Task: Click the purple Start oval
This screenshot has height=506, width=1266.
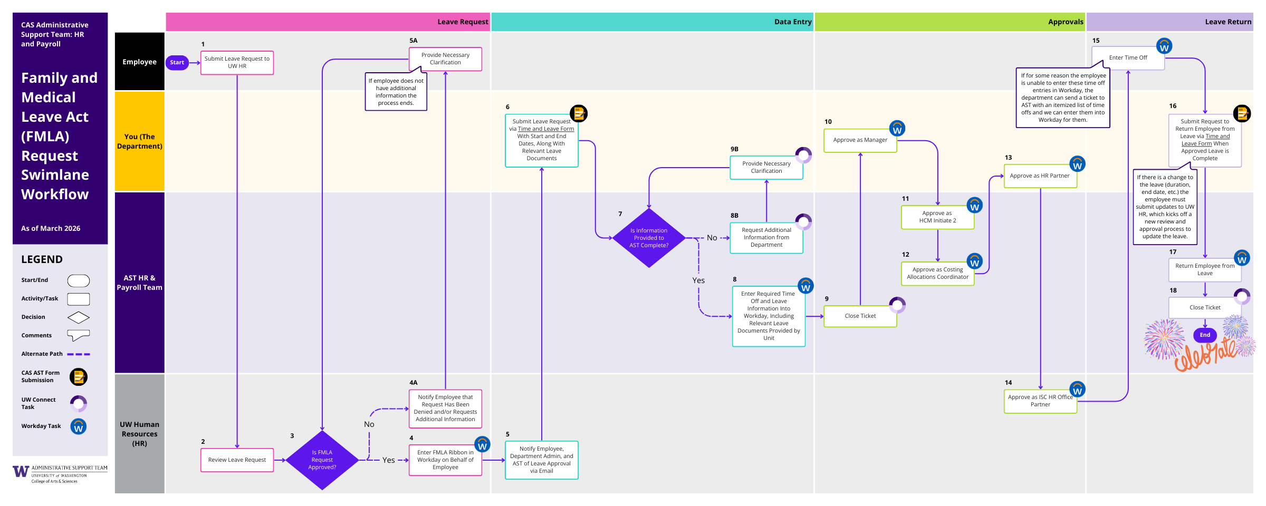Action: tap(177, 63)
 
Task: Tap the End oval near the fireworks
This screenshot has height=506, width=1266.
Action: tap(1205, 335)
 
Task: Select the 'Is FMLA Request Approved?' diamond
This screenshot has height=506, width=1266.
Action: tap(322, 460)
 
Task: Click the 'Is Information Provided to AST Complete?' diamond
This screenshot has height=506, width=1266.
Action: tap(649, 238)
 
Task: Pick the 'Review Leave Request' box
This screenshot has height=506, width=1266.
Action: tap(237, 460)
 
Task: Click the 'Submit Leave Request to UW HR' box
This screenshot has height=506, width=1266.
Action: tap(237, 63)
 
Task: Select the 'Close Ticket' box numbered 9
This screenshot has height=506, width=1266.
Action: tap(860, 316)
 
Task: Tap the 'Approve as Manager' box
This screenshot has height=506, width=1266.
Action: tap(860, 140)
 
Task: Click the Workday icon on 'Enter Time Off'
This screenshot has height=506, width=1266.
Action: tap(1164, 46)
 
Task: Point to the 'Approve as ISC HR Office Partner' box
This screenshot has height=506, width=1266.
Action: tap(1040, 401)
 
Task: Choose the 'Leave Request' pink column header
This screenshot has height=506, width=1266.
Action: tap(328, 22)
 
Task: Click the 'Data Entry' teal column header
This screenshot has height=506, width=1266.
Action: tap(652, 22)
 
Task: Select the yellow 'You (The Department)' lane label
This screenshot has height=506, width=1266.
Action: tap(139, 141)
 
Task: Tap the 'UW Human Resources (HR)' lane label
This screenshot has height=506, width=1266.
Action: tap(139, 434)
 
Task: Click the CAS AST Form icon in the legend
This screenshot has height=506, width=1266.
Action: tap(79, 377)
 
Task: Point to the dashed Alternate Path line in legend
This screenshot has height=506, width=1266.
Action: tap(79, 354)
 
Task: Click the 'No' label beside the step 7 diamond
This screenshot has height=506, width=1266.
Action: tap(712, 238)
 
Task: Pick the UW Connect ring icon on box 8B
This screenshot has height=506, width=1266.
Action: tap(803, 222)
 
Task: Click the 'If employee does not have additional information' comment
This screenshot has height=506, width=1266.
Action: tap(396, 92)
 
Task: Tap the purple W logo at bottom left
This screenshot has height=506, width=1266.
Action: tap(21, 472)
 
